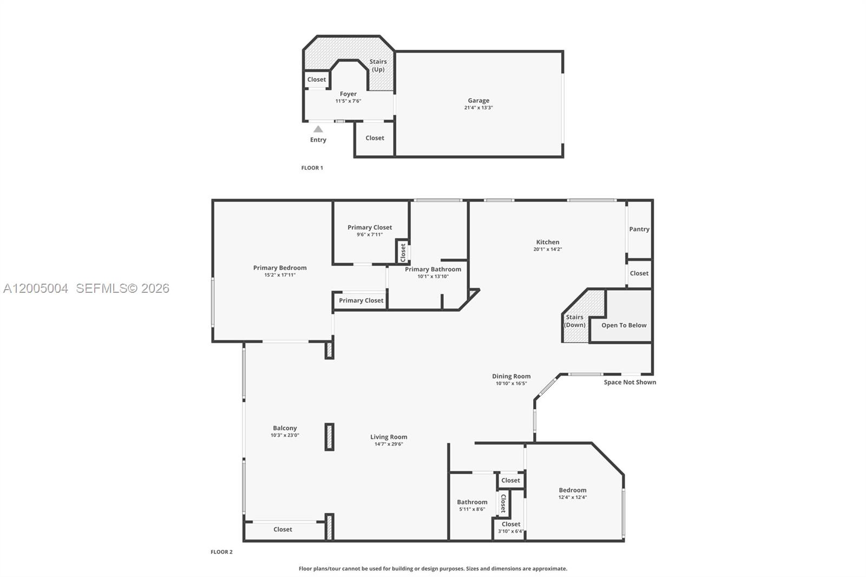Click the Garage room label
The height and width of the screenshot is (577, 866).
pyautogui.click(x=478, y=101)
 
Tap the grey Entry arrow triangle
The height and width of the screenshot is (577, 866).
pyautogui.click(x=318, y=129)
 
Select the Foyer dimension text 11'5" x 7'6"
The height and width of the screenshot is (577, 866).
pyautogui.click(x=348, y=101)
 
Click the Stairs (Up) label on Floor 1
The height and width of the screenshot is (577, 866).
pyautogui.click(x=378, y=65)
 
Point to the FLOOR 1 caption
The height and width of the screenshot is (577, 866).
pyautogui.click(x=312, y=168)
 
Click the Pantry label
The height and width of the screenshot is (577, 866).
pyautogui.click(x=639, y=229)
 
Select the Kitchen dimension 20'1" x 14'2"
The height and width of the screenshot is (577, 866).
pyautogui.click(x=548, y=250)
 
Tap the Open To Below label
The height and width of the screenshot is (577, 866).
pyautogui.click(x=624, y=325)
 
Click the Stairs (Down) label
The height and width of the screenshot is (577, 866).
pyautogui.click(x=574, y=321)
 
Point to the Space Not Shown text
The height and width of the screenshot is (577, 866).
pyautogui.click(x=629, y=382)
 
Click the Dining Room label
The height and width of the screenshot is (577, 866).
pyautogui.click(x=511, y=376)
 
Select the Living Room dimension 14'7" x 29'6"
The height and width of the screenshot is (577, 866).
pyautogui.click(x=389, y=444)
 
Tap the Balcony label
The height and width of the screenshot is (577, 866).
pyautogui.click(x=285, y=428)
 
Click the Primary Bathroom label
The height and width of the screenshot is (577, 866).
pyautogui.click(x=433, y=269)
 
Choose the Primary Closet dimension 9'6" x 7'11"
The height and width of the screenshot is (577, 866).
pyautogui.click(x=370, y=235)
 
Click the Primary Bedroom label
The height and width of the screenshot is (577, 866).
pyautogui.click(x=280, y=268)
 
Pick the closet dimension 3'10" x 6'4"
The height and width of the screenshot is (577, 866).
pyautogui.click(x=511, y=532)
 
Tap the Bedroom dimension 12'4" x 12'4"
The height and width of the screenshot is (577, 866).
pyautogui.click(x=573, y=497)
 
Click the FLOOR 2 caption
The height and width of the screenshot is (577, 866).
pyautogui.click(x=221, y=552)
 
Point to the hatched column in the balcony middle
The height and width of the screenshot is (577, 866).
pyautogui.click(x=329, y=437)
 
